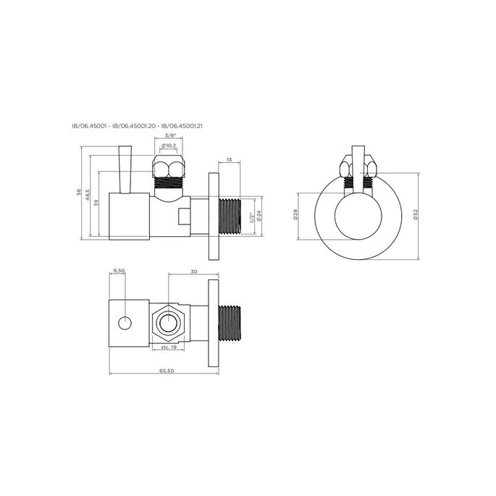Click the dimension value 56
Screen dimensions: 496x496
(x=80, y=193)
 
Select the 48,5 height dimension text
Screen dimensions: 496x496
(x=88, y=196)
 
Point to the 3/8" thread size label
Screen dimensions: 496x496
(x=170, y=135)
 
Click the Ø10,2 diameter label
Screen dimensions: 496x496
(x=169, y=146)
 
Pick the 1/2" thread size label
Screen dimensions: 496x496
(x=251, y=217)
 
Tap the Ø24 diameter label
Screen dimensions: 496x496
(x=259, y=215)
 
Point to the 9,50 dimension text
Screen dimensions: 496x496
(x=117, y=271)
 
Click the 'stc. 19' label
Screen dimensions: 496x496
(x=169, y=348)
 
